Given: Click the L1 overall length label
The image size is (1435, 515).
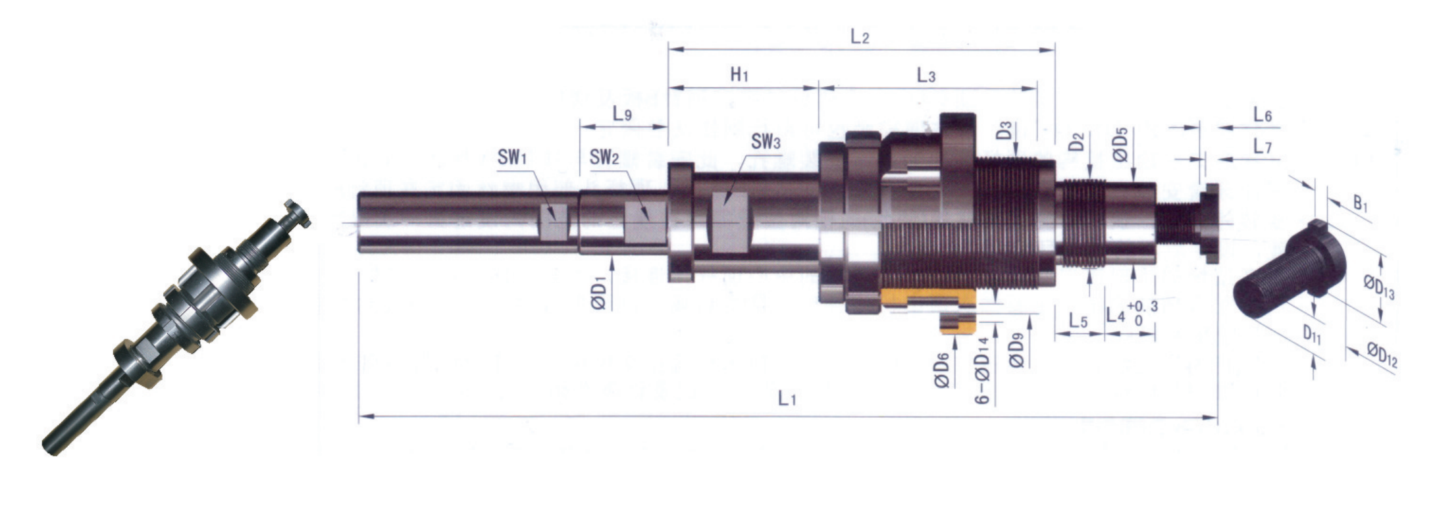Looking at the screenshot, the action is click(788, 398).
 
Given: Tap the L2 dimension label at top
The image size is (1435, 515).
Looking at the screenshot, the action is click(860, 37).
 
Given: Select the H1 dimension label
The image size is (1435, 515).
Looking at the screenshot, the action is click(740, 74).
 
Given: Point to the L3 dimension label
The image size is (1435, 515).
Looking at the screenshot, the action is click(926, 76).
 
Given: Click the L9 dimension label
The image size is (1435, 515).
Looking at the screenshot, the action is click(622, 114).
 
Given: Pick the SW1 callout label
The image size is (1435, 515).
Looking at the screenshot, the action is click(512, 157).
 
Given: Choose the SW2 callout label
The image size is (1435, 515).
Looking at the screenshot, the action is click(604, 157).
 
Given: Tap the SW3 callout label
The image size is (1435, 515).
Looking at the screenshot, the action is click(766, 141).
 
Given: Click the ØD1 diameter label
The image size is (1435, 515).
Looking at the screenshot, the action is click(599, 293).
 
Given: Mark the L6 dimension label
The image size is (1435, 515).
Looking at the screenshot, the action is click(1263, 115).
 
